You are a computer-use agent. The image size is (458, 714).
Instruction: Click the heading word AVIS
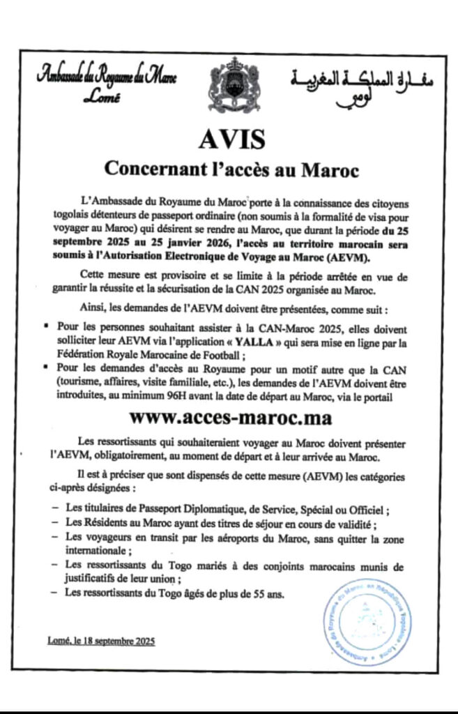(232, 139)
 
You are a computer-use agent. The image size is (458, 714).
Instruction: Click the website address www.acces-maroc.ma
(231, 418)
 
